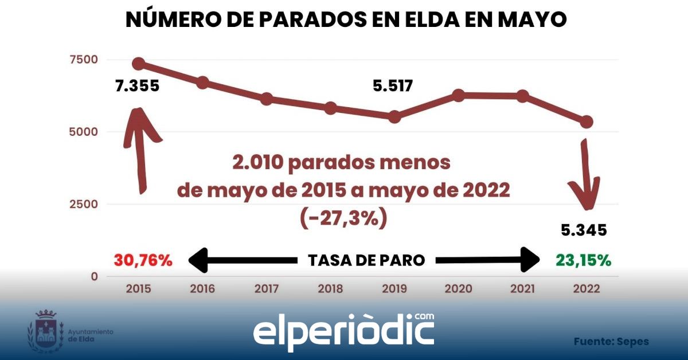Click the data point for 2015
[x=138, y=63]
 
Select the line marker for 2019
[x=394, y=116]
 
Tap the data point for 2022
[x=586, y=122]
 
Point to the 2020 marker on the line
[x=458, y=95]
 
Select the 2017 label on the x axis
[x=266, y=288]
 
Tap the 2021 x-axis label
[x=522, y=288]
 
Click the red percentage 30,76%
[x=143, y=260]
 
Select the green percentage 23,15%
[x=583, y=260]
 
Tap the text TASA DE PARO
[x=366, y=260]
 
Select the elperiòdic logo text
[x=343, y=331]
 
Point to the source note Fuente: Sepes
[x=611, y=342]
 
